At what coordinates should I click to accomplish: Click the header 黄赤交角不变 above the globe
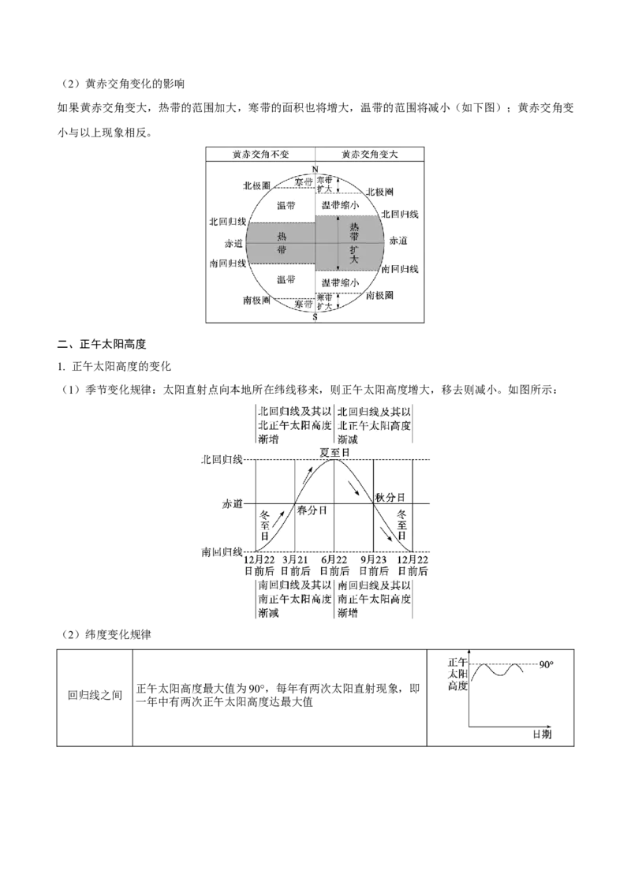click(261, 155)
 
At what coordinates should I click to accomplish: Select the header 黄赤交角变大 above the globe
click(370, 155)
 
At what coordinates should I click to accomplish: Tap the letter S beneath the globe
click(315, 317)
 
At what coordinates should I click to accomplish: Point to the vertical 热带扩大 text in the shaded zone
click(354, 243)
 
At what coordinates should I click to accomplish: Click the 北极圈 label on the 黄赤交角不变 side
click(256, 185)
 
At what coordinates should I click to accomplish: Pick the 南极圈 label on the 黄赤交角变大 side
click(380, 295)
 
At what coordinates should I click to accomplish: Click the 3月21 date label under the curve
click(295, 560)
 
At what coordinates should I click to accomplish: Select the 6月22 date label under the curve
click(334, 560)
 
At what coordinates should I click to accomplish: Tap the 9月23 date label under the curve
click(374, 560)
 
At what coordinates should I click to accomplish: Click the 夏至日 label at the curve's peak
click(334, 452)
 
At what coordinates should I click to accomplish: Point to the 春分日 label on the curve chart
click(312, 510)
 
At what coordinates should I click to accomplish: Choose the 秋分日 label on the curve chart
click(390, 497)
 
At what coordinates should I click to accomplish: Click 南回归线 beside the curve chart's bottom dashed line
click(222, 552)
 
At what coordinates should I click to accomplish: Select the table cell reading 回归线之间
click(95, 695)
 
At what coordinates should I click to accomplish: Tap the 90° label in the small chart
click(547, 665)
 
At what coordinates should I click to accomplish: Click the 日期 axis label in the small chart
click(542, 734)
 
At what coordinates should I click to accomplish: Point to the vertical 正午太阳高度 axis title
click(457, 674)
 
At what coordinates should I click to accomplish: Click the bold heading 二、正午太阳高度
click(102, 344)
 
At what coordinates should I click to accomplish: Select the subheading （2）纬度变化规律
click(106, 634)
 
